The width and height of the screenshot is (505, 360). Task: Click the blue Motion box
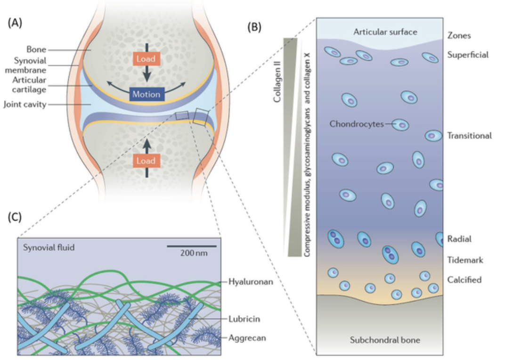(x=146, y=94)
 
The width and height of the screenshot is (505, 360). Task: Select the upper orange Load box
(x=146, y=59)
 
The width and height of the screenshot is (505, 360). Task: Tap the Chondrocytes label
(x=357, y=124)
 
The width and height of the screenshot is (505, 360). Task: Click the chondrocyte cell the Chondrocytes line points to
(x=401, y=125)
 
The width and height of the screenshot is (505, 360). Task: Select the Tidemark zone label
(x=464, y=260)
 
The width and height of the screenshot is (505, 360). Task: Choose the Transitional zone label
(x=469, y=136)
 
